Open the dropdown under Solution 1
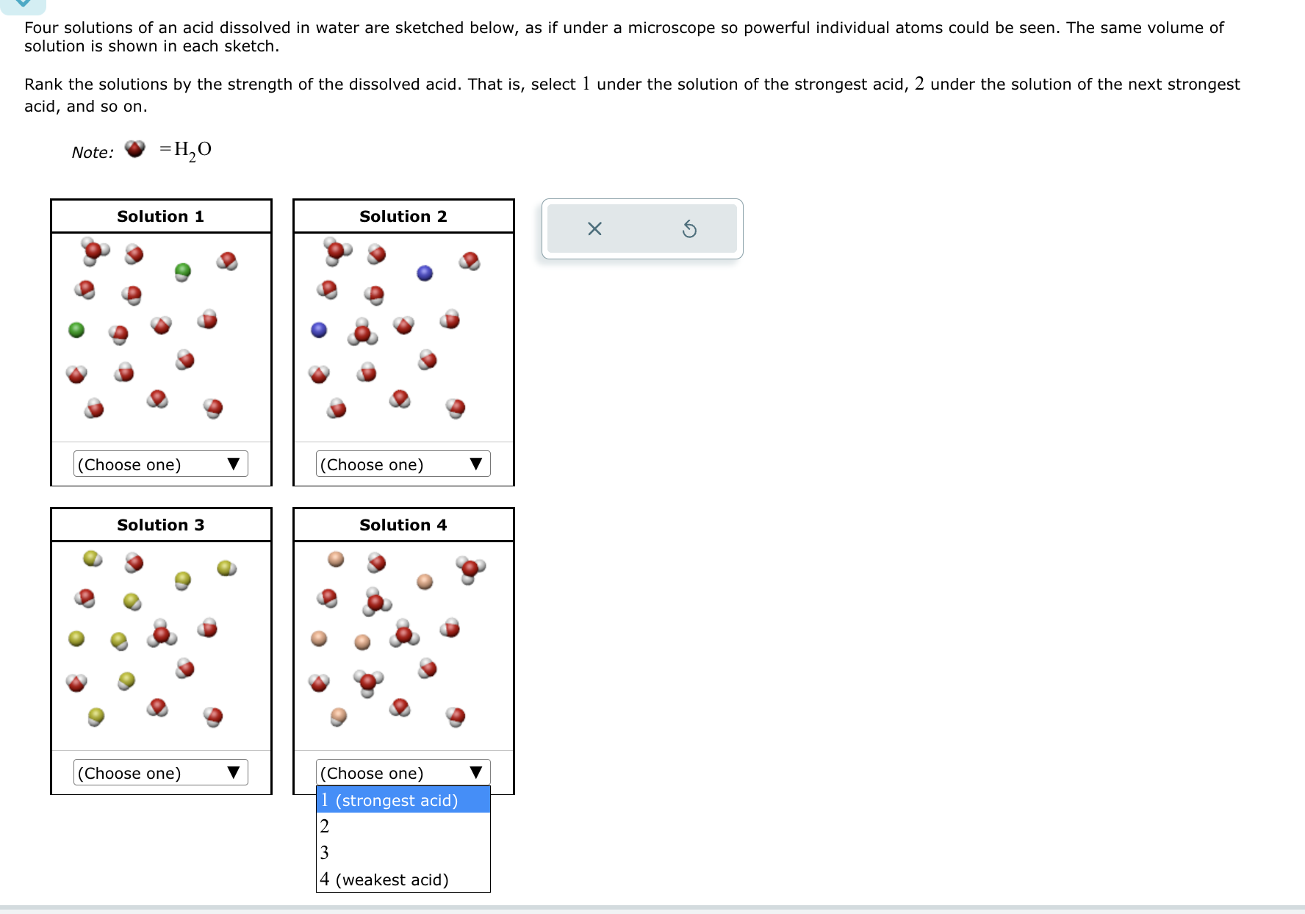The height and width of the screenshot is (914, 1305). [161, 464]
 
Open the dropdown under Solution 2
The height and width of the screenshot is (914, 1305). [403, 464]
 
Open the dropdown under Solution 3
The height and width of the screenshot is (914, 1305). [161, 773]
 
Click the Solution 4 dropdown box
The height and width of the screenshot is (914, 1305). [403, 773]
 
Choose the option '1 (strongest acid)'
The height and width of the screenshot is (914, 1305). [403, 800]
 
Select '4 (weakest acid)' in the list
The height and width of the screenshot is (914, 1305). [403, 879]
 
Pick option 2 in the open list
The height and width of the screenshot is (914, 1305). [403, 827]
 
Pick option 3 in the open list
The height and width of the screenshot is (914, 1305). [403, 853]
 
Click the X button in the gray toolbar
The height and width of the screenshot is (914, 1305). [594, 229]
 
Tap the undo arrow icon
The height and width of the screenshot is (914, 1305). [689, 229]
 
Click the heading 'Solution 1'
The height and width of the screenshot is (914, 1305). [161, 217]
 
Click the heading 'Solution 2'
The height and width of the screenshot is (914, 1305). [403, 217]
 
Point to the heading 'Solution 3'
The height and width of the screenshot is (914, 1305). [161, 525]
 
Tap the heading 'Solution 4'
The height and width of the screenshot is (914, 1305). [403, 525]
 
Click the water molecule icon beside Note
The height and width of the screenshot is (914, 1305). [135, 149]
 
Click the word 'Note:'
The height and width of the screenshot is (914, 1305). [93, 153]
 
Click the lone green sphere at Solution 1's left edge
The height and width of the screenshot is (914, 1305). [76, 330]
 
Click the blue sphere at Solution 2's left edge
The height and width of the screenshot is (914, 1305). [319, 330]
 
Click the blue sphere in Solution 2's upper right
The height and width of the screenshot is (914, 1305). [425, 273]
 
